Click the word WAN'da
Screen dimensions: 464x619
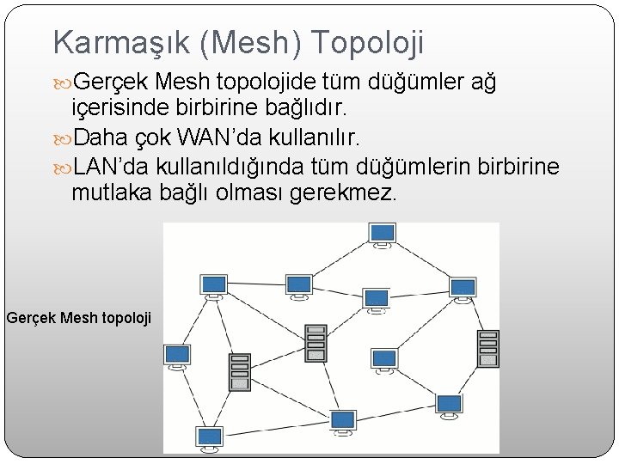coord(211,137)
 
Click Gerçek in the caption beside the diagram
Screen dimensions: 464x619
coord(32,318)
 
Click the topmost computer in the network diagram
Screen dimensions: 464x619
coord(383,235)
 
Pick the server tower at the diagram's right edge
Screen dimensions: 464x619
coord(488,348)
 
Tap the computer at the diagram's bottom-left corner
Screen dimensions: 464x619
coord(209,437)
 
